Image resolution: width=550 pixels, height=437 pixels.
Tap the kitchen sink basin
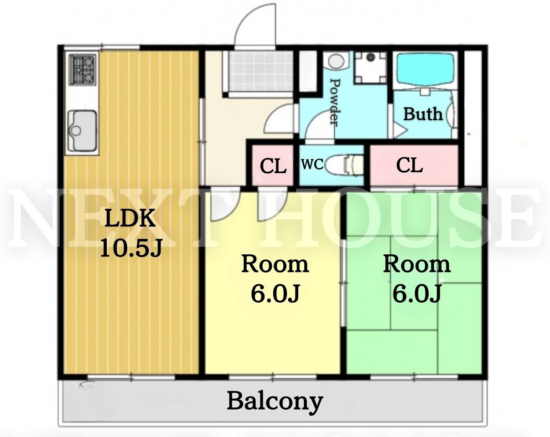click(83, 130)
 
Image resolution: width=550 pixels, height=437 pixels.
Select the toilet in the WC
click(344, 165)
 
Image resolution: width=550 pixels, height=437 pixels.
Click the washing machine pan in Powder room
click(370, 67)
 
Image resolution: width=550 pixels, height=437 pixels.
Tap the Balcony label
click(275, 402)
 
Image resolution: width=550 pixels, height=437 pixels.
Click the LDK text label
click(130, 218)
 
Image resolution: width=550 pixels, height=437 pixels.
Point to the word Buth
click(423, 114)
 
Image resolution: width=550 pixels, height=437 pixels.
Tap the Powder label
click(335, 102)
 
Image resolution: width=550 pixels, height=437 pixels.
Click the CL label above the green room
click(409, 165)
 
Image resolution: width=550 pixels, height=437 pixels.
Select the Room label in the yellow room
click(275, 265)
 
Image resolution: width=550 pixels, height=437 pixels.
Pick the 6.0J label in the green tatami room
click(416, 294)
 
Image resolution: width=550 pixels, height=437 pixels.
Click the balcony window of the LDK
click(131, 377)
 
